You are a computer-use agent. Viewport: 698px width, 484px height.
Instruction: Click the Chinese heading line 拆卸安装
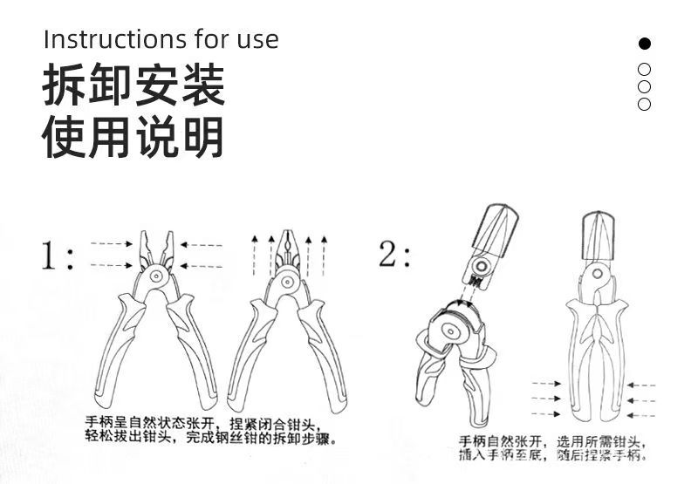click(133, 85)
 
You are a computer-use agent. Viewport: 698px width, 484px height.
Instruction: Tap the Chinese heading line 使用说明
click(133, 138)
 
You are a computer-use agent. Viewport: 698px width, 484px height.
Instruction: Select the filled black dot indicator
click(645, 43)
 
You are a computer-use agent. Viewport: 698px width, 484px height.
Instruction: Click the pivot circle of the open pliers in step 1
click(156, 277)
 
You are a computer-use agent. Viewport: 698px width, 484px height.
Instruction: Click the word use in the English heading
click(257, 39)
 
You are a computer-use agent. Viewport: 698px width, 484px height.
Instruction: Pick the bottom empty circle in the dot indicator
click(645, 104)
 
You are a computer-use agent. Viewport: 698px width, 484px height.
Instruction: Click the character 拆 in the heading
click(65, 85)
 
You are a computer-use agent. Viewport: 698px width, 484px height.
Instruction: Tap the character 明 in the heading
click(202, 138)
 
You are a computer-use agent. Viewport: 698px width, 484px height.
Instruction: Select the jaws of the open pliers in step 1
click(156, 246)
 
